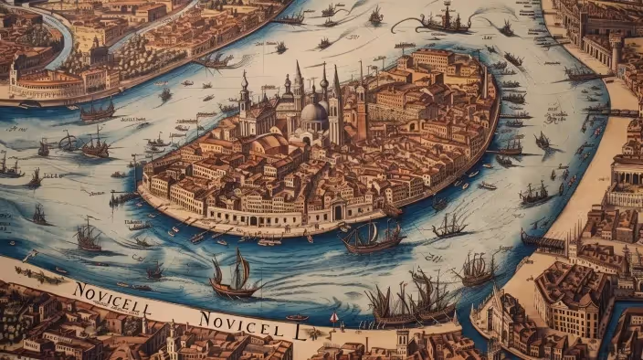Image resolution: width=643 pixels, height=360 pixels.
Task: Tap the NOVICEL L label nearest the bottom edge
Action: [251, 323]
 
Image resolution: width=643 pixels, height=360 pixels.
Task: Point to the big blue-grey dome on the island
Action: [313, 113]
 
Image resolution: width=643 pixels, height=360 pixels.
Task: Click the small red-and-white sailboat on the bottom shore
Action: [334, 321]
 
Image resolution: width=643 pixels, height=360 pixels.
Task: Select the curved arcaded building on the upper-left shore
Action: [46, 84]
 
